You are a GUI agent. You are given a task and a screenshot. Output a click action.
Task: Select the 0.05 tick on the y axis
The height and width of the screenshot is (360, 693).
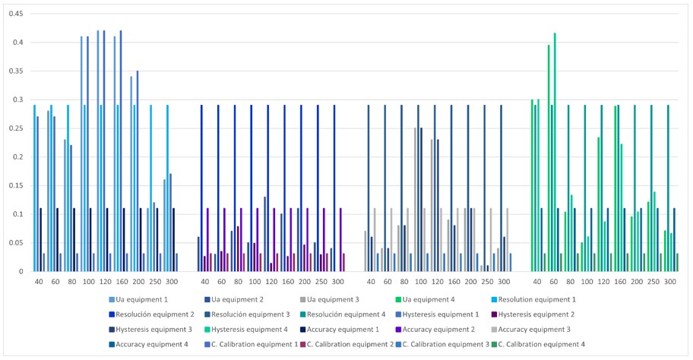tap(16, 243)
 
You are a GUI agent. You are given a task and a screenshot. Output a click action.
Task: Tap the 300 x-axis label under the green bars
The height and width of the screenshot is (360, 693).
tap(669, 282)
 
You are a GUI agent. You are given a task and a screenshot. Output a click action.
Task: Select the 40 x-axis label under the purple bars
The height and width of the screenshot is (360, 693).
tap(204, 282)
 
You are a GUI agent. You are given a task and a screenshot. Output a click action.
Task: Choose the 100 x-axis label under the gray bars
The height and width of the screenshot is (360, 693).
tap(420, 282)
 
